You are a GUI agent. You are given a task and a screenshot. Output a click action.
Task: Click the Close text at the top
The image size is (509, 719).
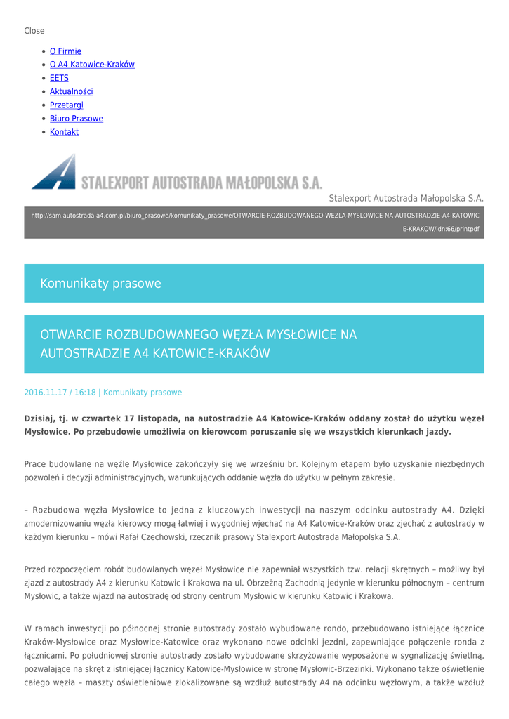34,31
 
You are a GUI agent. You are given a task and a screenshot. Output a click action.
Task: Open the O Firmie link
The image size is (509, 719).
65,51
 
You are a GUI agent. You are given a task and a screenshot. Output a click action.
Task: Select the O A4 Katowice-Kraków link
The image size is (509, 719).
92,65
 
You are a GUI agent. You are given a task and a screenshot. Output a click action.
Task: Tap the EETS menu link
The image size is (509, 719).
59,78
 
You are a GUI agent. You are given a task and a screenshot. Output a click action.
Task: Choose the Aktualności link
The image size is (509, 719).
71,91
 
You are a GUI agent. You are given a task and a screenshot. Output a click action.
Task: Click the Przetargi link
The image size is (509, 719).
66,105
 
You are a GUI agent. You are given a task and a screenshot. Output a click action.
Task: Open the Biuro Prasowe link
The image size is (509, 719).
76,119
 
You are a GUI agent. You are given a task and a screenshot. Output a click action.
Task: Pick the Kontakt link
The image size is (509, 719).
64,132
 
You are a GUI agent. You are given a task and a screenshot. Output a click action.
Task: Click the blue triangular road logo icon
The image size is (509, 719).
54,173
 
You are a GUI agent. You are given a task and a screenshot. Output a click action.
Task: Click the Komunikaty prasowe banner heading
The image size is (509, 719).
100,284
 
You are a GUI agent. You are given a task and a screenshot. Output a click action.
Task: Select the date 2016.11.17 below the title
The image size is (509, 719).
46,393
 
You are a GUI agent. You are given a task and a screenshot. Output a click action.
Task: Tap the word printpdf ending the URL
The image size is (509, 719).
465,229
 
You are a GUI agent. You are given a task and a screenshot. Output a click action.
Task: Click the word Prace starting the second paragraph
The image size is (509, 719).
35,464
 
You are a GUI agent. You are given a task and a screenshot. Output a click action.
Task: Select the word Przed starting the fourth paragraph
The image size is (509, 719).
36,569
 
